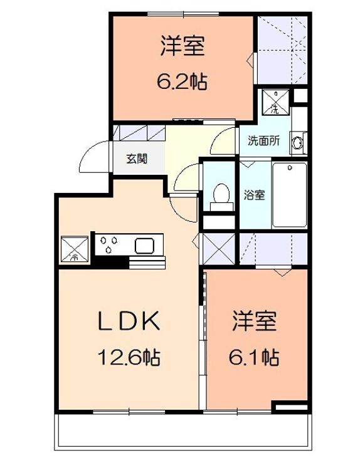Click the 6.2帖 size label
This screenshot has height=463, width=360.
pyautogui.click(x=183, y=81)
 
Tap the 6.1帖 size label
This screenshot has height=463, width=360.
pyautogui.click(x=254, y=358)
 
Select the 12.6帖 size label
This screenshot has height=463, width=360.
pyautogui.click(x=128, y=358)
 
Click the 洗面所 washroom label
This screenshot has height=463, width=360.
pyautogui.click(x=263, y=141)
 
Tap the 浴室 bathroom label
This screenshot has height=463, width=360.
pyautogui.click(x=254, y=194)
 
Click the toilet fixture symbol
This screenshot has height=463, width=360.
pyautogui.click(x=220, y=193)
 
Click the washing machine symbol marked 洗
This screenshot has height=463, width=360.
pyautogui.click(x=274, y=102)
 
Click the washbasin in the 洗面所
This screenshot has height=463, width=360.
pyautogui.click(x=298, y=143)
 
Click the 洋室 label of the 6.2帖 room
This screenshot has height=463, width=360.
pyautogui.click(x=183, y=46)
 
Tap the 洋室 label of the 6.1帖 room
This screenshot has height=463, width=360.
pyautogui.click(x=254, y=323)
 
